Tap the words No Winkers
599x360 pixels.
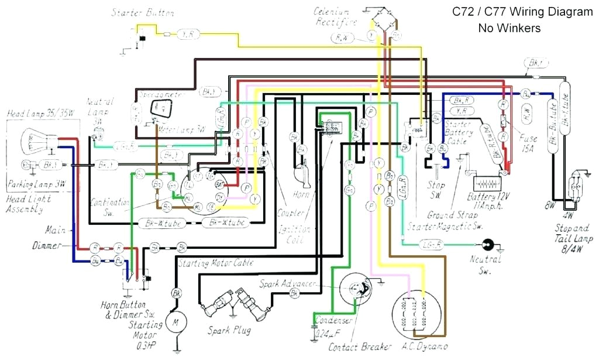509,28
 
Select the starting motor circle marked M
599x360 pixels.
175,321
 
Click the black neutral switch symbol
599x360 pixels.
487,243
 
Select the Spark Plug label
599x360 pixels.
229,331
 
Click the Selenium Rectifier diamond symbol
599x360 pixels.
383,17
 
